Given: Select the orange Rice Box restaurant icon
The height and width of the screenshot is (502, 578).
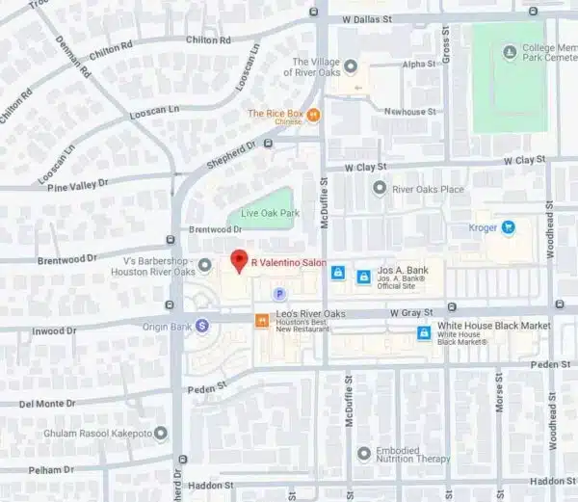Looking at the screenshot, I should (x=313, y=115).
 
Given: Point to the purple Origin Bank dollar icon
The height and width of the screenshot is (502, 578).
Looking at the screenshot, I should (x=202, y=326).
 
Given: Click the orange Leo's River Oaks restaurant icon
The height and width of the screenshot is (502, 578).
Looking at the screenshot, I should (x=260, y=320).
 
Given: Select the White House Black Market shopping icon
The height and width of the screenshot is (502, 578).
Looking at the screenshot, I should (x=422, y=332).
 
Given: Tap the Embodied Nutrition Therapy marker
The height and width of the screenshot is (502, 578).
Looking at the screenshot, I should (x=363, y=453).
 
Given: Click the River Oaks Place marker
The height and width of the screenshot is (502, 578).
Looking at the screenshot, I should (x=380, y=189).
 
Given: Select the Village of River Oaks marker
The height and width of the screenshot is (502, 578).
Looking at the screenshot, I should (x=351, y=66).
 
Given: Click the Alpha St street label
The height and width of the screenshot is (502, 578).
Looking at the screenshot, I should (x=419, y=65).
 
